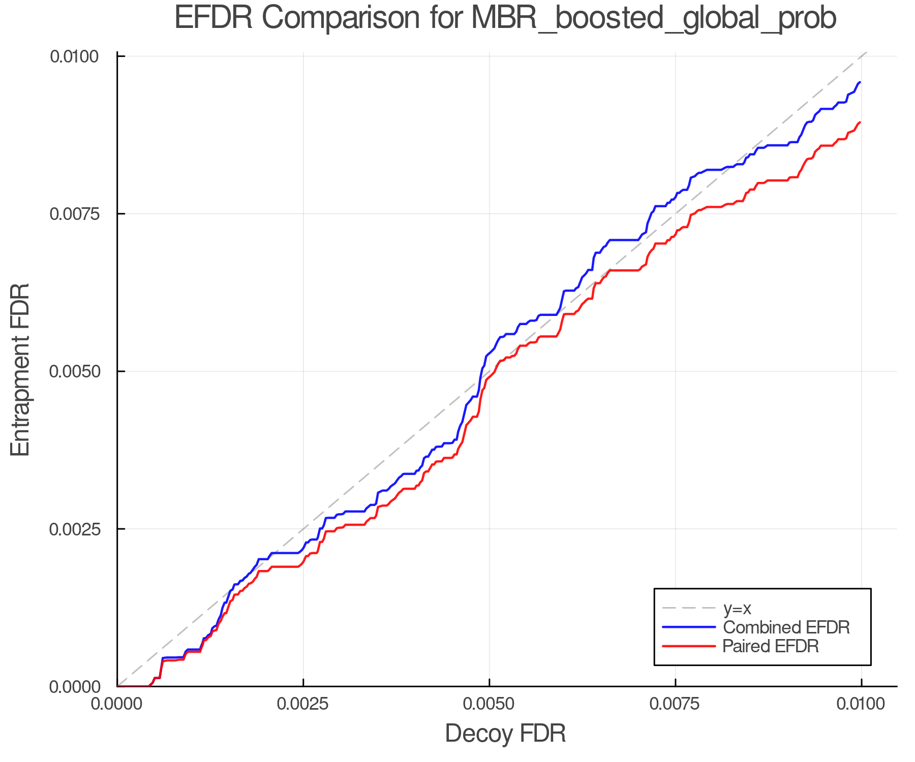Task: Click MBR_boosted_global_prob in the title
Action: (654, 19)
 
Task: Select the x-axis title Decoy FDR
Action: (505, 734)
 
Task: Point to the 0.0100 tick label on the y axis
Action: (74, 56)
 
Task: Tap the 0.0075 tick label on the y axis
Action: (74, 214)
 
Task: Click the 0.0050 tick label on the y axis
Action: (74, 371)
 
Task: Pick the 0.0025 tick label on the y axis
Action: (74, 529)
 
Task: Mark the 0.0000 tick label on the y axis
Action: (74, 687)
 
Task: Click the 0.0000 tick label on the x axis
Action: (117, 704)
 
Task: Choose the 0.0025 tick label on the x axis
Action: (303, 704)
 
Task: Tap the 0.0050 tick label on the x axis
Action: (490, 704)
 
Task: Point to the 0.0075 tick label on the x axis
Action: (676, 704)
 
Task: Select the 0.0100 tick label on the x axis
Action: (861, 704)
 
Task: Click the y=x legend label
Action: (737, 608)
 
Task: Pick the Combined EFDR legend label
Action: (786, 627)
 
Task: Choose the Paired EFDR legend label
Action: (771, 646)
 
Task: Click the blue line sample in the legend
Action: (689, 627)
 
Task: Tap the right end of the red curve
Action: (860, 122)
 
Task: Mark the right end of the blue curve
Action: (860, 82)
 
